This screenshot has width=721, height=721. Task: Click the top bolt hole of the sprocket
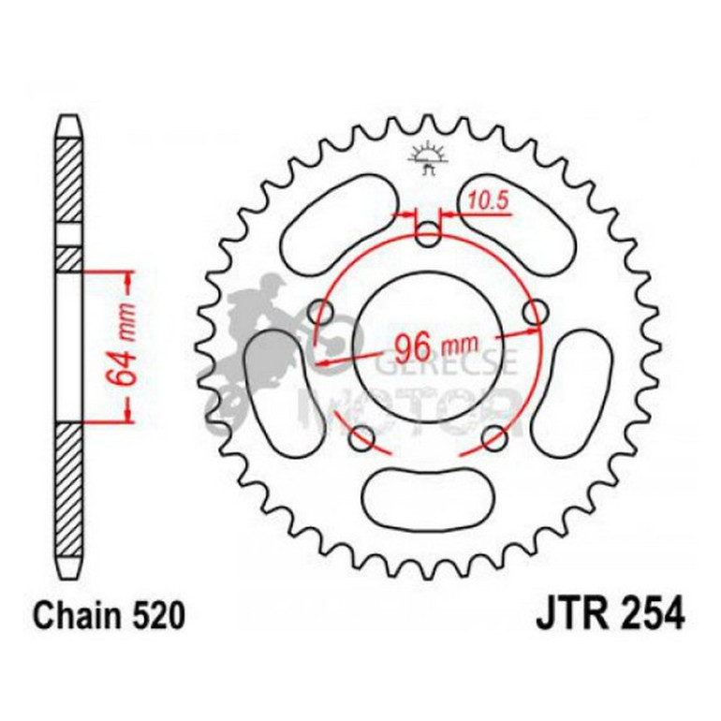(427, 234)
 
